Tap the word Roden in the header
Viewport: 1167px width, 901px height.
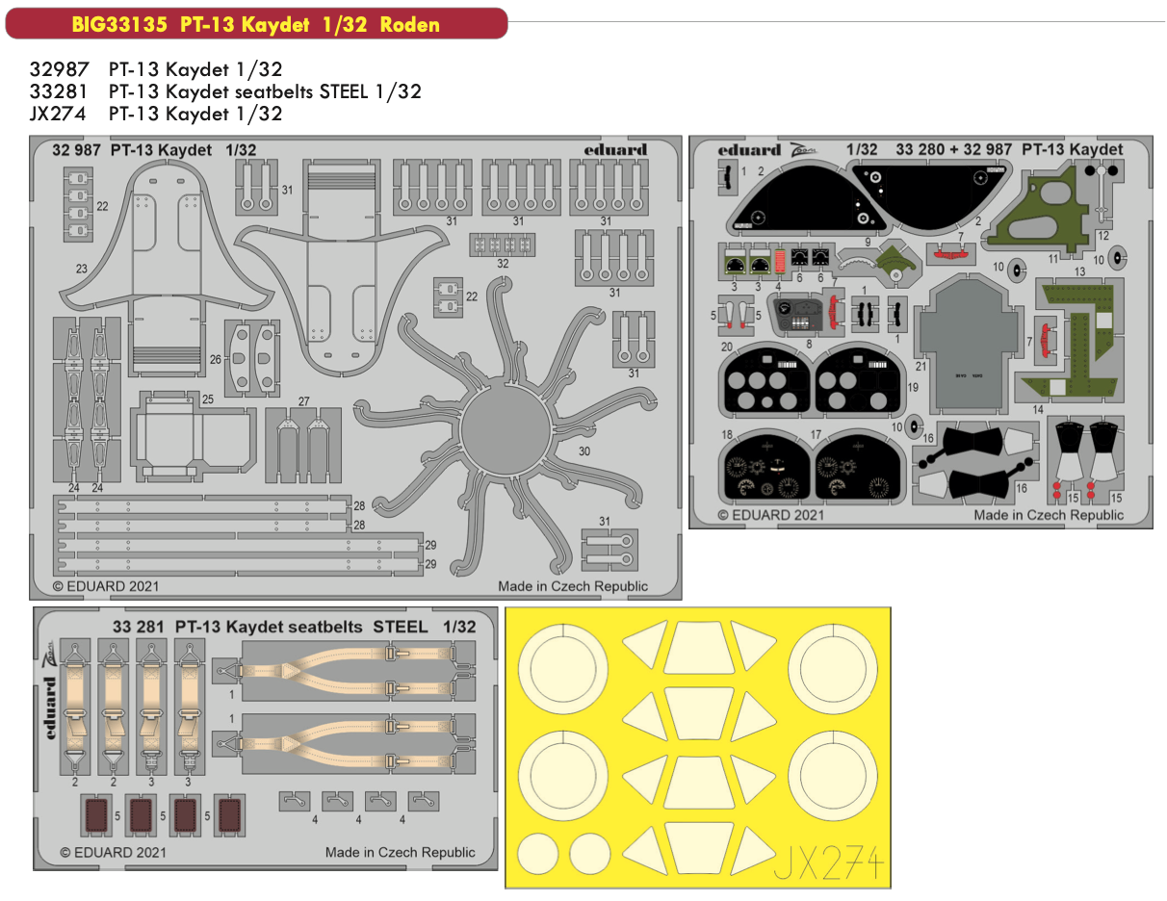[409, 24]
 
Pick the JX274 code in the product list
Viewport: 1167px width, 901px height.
[50, 114]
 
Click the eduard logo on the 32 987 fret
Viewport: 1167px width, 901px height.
[615, 149]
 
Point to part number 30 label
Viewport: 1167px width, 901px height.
[584, 450]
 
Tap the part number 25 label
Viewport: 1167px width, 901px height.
[207, 399]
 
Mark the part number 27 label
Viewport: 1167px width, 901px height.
[303, 401]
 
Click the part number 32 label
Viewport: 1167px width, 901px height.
[503, 263]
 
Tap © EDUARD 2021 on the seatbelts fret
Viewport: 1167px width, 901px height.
[113, 852]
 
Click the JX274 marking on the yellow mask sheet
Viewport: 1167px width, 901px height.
[829, 862]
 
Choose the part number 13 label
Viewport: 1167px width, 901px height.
[1080, 272]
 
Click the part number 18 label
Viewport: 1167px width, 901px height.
[728, 435]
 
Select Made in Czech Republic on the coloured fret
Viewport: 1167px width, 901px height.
[1048, 515]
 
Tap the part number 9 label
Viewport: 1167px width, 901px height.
[867, 243]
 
